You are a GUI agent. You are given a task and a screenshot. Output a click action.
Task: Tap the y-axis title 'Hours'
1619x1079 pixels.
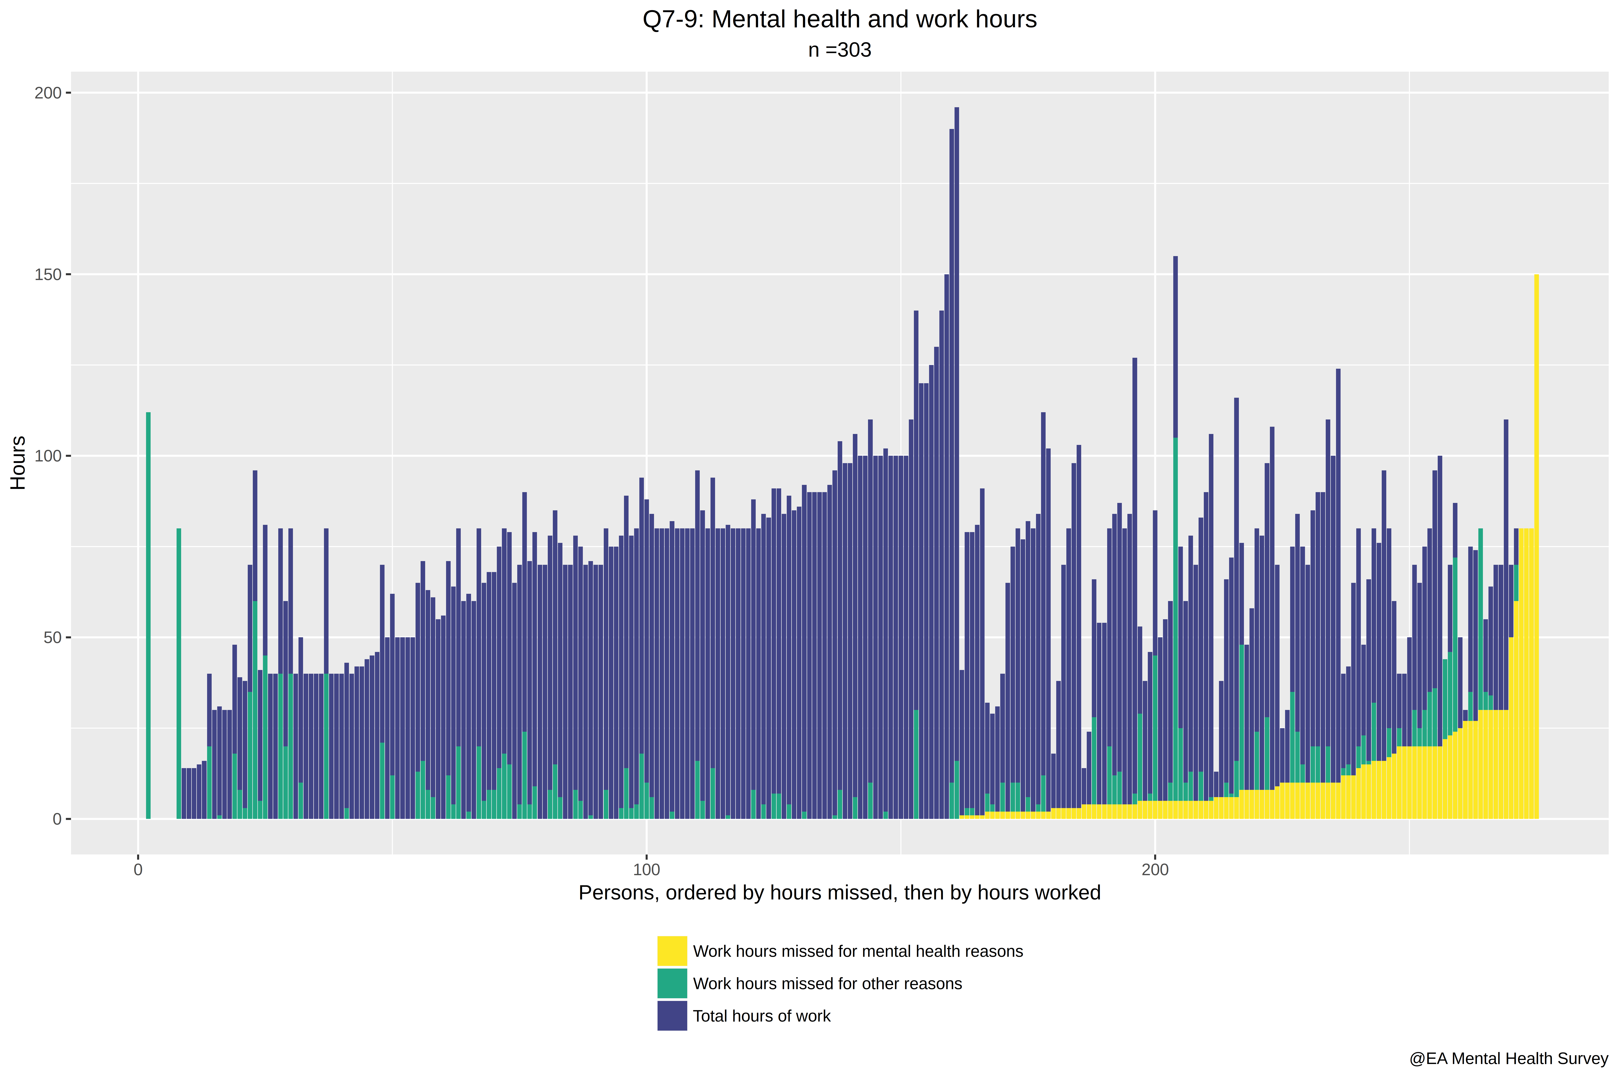click(18, 462)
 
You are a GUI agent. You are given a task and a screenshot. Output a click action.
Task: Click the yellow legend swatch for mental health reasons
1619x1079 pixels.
click(672, 951)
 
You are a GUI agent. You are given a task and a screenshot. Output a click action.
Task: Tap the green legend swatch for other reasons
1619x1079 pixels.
click(672, 983)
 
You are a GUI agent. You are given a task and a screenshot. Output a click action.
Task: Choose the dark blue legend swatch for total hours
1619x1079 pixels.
click(672, 1016)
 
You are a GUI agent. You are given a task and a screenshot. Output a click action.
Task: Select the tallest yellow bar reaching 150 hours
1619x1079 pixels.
click(1536, 546)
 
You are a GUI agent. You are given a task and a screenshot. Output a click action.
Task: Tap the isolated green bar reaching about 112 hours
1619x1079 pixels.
click(148, 616)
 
